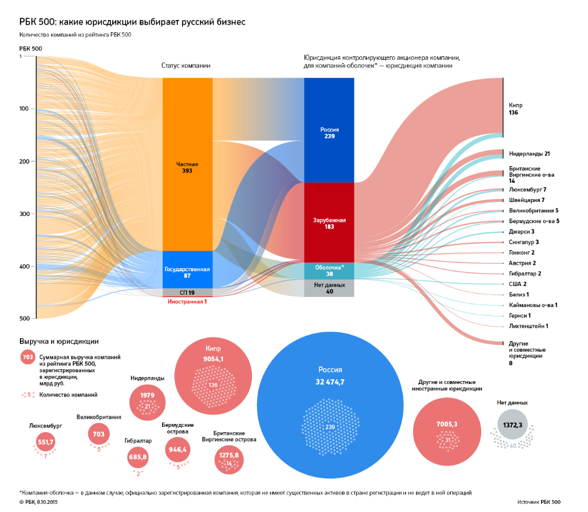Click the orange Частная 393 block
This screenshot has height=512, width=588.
(187, 164)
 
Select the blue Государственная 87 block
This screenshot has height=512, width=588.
(187, 270)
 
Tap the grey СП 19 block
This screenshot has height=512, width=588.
(187, 292)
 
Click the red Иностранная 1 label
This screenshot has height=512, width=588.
(187, 302)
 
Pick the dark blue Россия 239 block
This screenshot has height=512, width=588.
(329, 130)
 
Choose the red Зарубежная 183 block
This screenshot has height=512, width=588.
(329, 223)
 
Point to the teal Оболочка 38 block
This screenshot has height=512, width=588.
(329, 271)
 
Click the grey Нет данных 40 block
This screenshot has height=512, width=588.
(329, 288)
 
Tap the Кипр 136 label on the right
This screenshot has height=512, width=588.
(516, 109)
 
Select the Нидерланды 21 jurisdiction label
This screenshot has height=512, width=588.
(529, 154)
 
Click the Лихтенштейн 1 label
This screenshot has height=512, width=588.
(528, 326)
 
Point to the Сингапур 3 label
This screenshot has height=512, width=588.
(523, 242)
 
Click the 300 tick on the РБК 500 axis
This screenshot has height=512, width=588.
(24, 214)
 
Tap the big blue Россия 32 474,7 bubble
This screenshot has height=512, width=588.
(330, 405)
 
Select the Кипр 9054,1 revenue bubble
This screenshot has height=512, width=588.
(213, 376)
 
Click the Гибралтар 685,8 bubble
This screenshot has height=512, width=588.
(138, 457)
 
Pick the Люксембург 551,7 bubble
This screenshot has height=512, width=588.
(45, 442)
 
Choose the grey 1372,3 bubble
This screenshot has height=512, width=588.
(513, 425)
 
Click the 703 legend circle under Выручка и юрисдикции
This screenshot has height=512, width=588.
(28, 357)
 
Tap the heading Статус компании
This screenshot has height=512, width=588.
(185, 66)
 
